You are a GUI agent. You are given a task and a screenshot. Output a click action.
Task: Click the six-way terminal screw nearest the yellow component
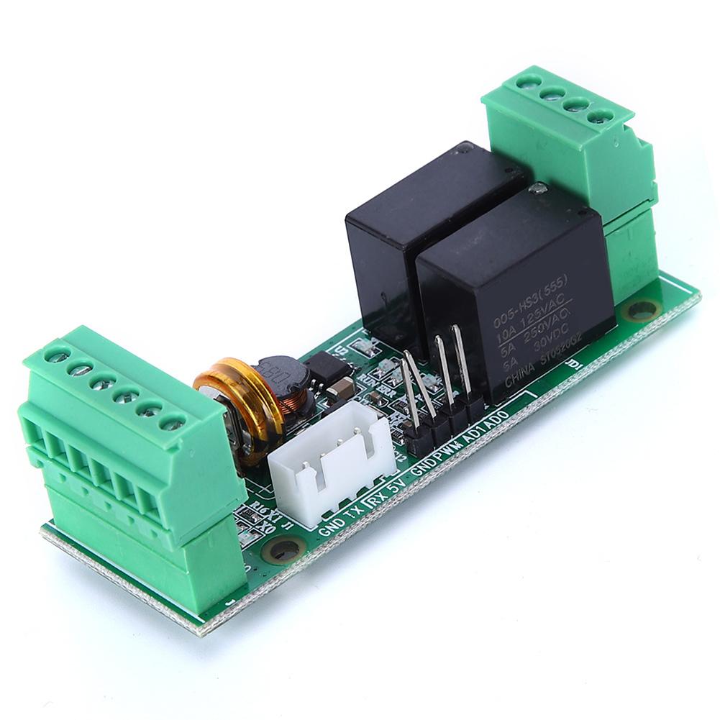pos(172,421)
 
